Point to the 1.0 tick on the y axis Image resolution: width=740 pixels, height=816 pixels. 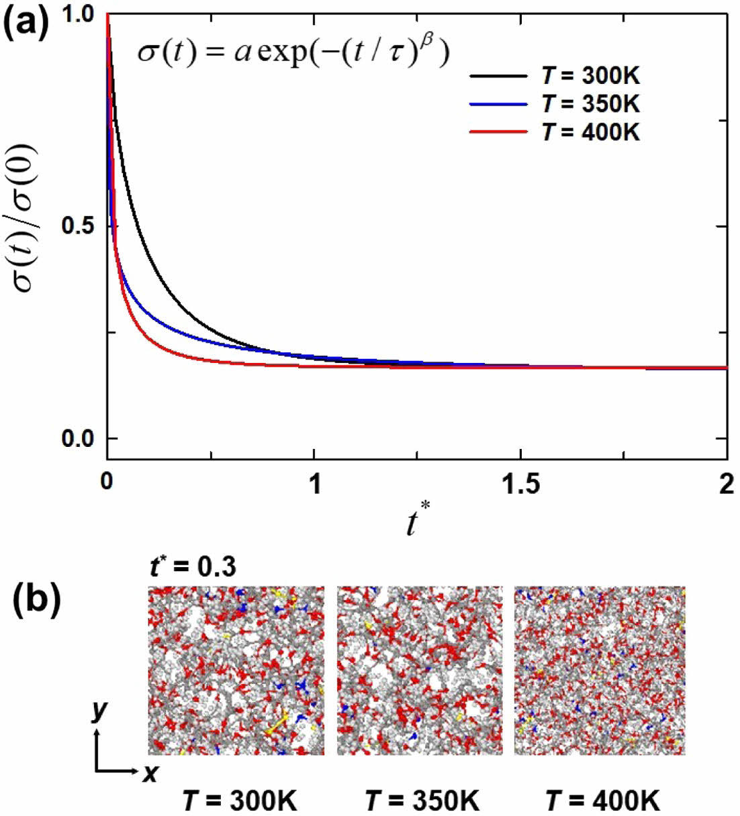pos(80,15)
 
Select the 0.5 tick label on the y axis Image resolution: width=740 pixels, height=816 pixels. pos(80,226)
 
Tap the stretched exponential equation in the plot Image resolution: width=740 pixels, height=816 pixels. pos(293,51)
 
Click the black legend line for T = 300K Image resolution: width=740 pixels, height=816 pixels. pos(498,76)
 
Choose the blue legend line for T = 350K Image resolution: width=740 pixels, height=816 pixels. pos(498,104)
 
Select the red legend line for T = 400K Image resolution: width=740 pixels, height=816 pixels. pos(498,132)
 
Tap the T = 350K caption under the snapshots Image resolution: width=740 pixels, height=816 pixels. pos(422,801)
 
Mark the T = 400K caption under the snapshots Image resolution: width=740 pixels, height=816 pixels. pos(602,801)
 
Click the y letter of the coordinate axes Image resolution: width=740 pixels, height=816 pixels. pos(99,710)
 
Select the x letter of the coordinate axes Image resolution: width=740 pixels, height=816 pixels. pos(150,774)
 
